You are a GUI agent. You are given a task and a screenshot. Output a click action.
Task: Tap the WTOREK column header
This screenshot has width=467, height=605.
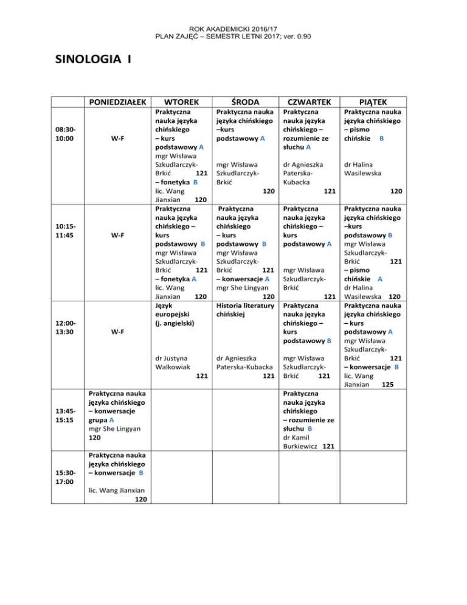click(x=180, y=100)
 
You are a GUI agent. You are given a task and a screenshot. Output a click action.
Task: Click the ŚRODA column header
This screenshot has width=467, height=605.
click(x=243, y=100)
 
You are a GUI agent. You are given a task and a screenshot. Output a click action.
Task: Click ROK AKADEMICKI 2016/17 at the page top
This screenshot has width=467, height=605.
click(x=233, y=29)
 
